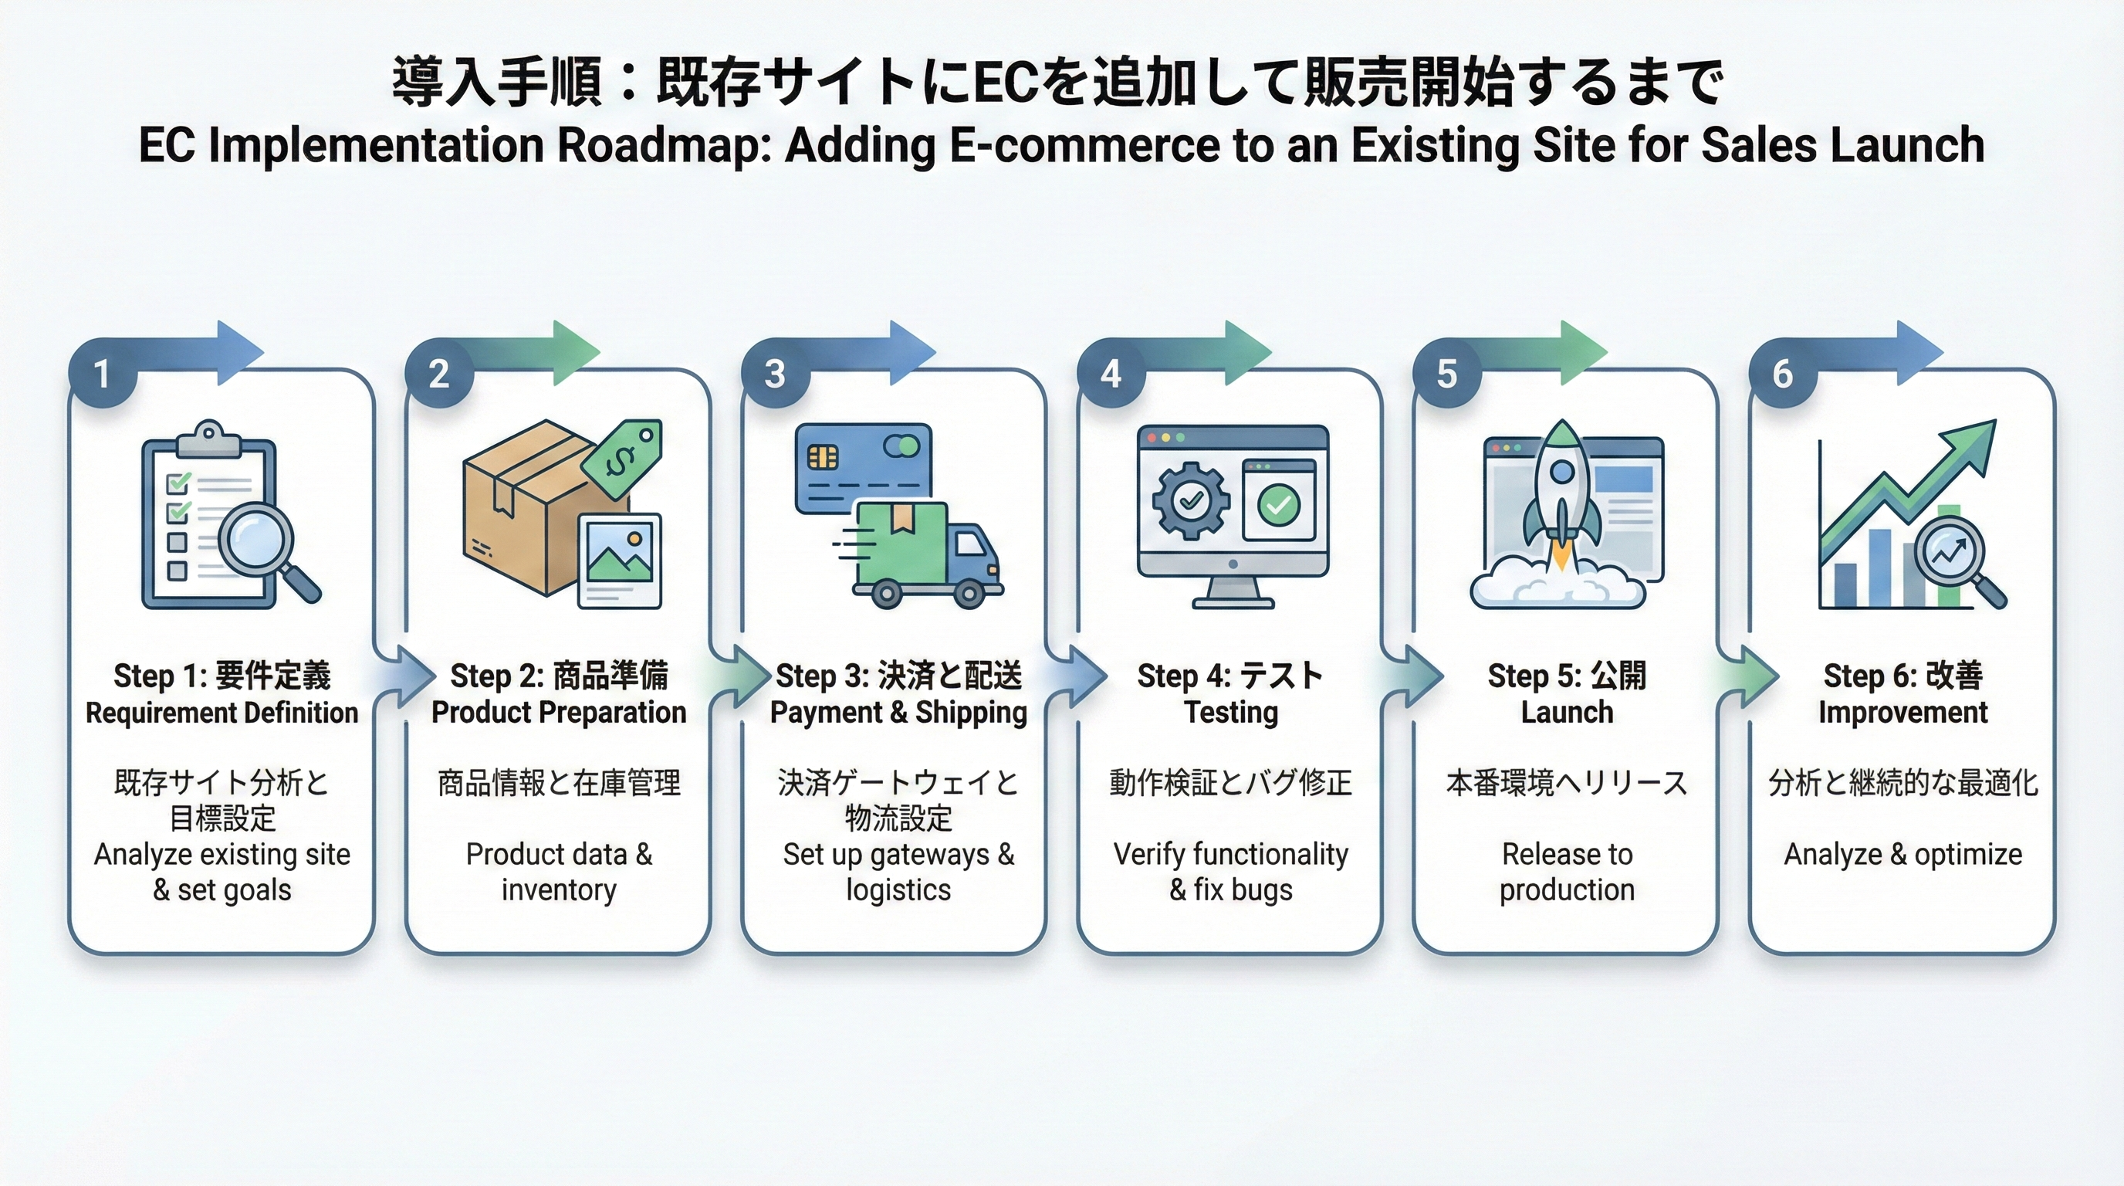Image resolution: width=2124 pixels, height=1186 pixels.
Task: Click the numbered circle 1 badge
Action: [x=101, y=374]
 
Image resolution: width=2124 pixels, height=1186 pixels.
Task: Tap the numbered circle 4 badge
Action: [x=1111, y=374]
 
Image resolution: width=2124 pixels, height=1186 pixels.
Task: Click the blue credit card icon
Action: [x=862, y=468]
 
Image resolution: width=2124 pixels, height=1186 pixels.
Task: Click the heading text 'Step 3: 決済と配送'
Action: [x=898, y=676]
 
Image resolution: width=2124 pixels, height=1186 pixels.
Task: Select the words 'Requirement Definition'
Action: [x=222, y=713]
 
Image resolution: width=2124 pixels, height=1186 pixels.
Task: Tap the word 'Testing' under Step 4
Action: [x=1231, y=713]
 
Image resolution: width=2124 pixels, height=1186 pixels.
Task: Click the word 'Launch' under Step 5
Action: [x=1567, y=713]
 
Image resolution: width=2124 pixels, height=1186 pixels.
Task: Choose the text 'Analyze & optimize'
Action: [x=1903, y=855]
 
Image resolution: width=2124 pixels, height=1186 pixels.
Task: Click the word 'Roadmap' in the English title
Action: [x=665, y=146]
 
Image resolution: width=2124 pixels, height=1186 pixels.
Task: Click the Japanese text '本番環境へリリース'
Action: [x=1567, y=783]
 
